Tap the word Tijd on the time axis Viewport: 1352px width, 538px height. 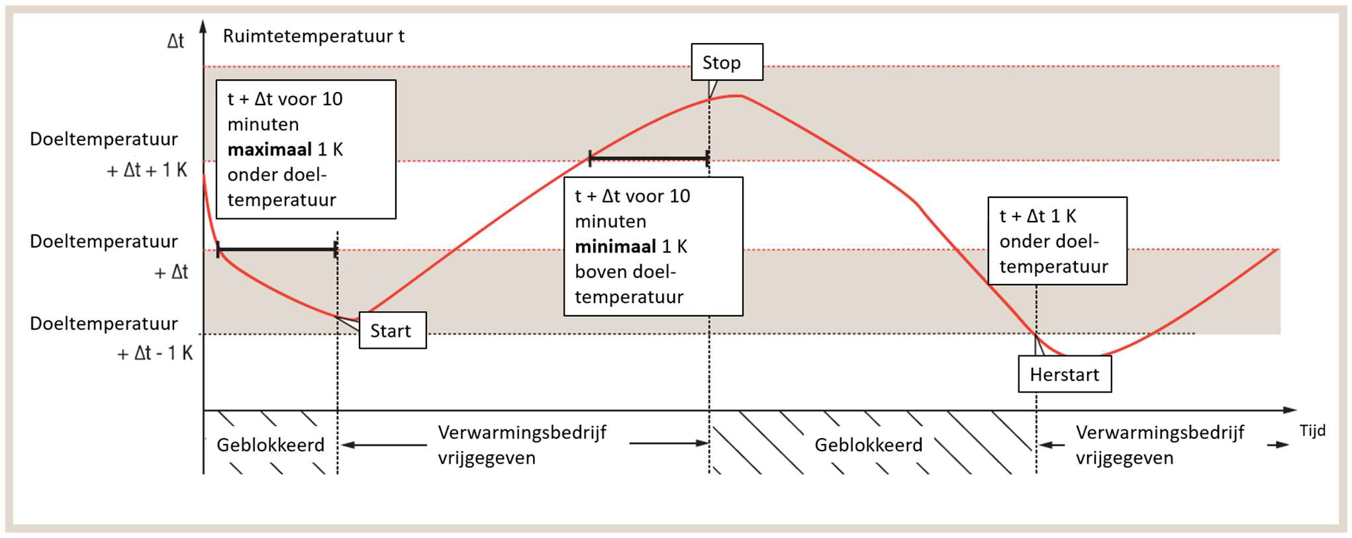tap(1312, 431)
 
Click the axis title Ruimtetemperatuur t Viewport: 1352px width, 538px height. tap(313, 36)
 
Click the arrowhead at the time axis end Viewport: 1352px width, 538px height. tap(1290, 410)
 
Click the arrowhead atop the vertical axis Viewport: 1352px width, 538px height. tap(203, 26)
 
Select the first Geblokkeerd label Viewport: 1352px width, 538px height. tap(270, 445)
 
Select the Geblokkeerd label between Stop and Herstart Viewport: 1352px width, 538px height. tap(868, 445)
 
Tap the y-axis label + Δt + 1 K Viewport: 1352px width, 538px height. tap(147, 171)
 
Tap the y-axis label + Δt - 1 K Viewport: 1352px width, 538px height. tap(155, 353)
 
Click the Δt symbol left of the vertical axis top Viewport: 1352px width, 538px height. tap(175, 41)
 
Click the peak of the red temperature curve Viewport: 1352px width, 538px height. tap(735, 96)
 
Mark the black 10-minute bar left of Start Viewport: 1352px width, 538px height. tap(277, 249)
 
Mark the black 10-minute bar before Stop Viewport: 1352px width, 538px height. tap(649, 158)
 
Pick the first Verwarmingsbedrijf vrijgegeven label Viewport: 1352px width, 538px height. tap(522, 445)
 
